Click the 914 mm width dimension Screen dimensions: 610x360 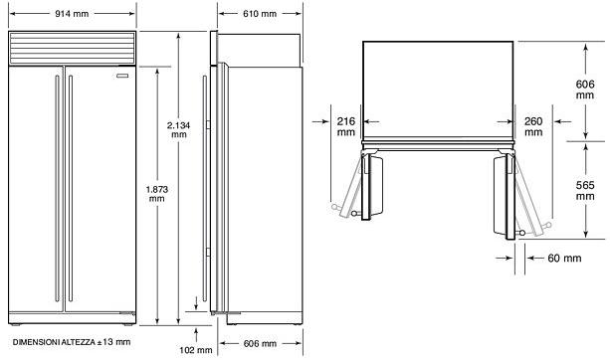[x=72, y=14]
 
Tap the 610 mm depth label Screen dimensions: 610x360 [x=260, y=14]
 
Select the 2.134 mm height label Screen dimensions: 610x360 [x=178, y=130]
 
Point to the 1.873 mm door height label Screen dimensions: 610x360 [x=157, y=194]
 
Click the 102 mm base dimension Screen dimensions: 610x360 [x=196, y=350]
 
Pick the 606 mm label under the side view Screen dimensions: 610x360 [x=260, y=343]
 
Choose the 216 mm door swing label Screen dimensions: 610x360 [x=346, y=126]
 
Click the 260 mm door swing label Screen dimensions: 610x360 [x=533, y=126]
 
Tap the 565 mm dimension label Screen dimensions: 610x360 [x=585, y=191]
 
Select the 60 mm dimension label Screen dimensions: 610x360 [x=564, y=259]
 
